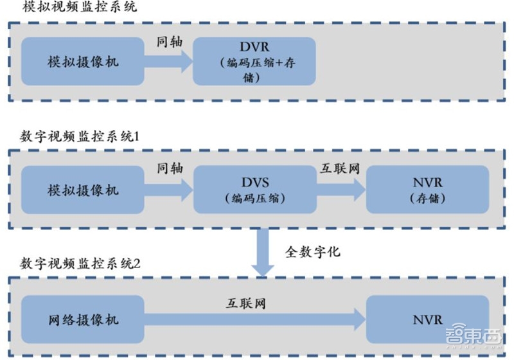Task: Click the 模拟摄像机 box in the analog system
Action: click(83, 62)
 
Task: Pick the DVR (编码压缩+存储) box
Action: click(254, 62)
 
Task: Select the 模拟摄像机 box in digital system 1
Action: click(83, 190)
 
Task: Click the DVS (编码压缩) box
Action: click(254, 190)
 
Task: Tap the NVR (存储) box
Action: click(427, 190)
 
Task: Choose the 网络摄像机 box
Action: click(83, 319)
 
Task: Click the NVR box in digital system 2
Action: click(427, 319)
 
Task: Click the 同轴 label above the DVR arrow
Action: click(170, 40)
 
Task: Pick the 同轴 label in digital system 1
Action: click(170, 168)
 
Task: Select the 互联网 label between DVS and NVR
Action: click(340, 168)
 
